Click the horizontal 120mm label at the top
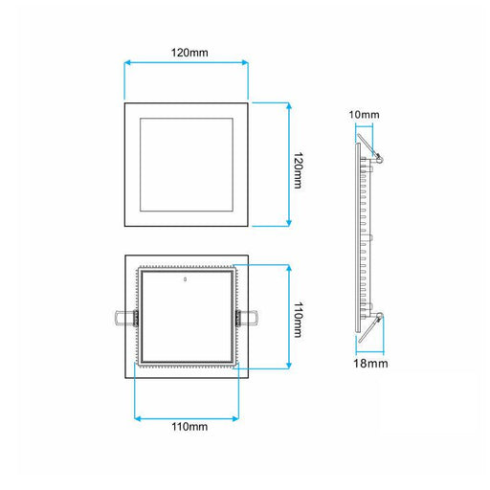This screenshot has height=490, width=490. [x=189, y=53]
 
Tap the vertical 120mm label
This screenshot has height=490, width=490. [x=298, y=170]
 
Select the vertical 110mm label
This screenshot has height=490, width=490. [x=298, y=320]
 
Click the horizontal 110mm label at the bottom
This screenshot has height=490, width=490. [x=189, y=427]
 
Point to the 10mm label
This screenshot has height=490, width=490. [x=364, y=115]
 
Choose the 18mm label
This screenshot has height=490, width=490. [x=370, y=364]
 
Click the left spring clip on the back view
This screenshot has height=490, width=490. [x=126, y=318]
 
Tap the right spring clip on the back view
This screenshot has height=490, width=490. [x=247, y=318]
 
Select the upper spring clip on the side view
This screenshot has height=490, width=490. [x=370, y=148]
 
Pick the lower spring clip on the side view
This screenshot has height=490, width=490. [x=371, y=327]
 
